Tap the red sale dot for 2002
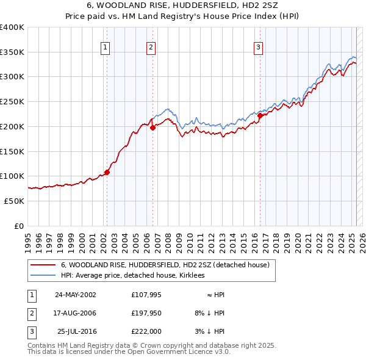[x=107, y=172]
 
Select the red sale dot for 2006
[x=152, y=128]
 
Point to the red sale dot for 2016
[x=260, y=115]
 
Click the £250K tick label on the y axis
[x=12, y=102]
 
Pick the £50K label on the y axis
[x=15, y=201]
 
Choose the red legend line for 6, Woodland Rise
[x=42, y=265]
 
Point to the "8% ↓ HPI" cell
[x=208, y=313]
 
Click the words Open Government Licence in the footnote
[x=183, y=352]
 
